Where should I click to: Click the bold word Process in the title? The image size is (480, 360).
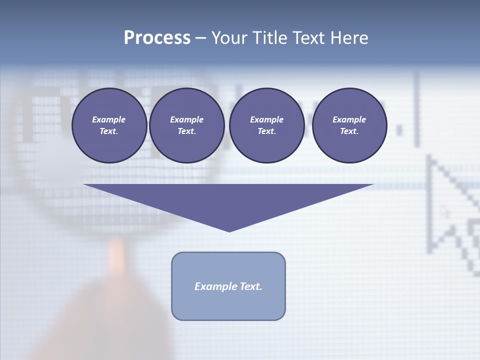pyautogui.click(x=157, y=38)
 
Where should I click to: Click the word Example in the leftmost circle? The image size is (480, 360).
pyautogui.click(x=109, y=119)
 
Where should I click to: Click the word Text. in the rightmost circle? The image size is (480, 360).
pyautogui.click(x=349, y=131)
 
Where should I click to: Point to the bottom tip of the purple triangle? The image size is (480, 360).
pyautogui.click(x=229, y=231)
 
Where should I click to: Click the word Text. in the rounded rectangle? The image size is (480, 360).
pyautogui.click(x=251, y=286)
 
